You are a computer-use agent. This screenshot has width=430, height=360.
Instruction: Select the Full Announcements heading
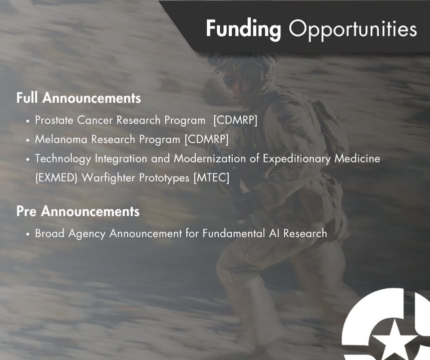click(79, 98)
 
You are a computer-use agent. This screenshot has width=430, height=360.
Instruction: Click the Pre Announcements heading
click(78, 211)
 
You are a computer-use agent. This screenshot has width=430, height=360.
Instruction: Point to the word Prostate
click(54, 120)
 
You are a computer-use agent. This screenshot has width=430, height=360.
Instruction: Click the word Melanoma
click(61, 139)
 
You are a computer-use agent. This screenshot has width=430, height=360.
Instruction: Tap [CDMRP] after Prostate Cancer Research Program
click(235, 120)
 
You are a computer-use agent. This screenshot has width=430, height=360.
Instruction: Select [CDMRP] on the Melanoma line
click(207, 139)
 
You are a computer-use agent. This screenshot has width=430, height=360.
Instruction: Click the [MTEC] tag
click(211, 178)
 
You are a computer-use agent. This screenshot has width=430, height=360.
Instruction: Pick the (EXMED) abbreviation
click(57, 178)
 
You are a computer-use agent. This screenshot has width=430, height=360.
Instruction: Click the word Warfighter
click(108, 178)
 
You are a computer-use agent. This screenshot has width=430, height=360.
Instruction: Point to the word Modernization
click(210, 158)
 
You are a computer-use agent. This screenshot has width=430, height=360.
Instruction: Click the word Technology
click(63, 159)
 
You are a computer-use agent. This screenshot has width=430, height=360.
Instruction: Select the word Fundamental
click(234, 233)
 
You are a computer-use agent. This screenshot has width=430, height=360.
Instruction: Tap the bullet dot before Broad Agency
click(28, 234)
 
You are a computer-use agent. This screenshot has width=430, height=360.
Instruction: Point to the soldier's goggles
click(231, 79)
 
